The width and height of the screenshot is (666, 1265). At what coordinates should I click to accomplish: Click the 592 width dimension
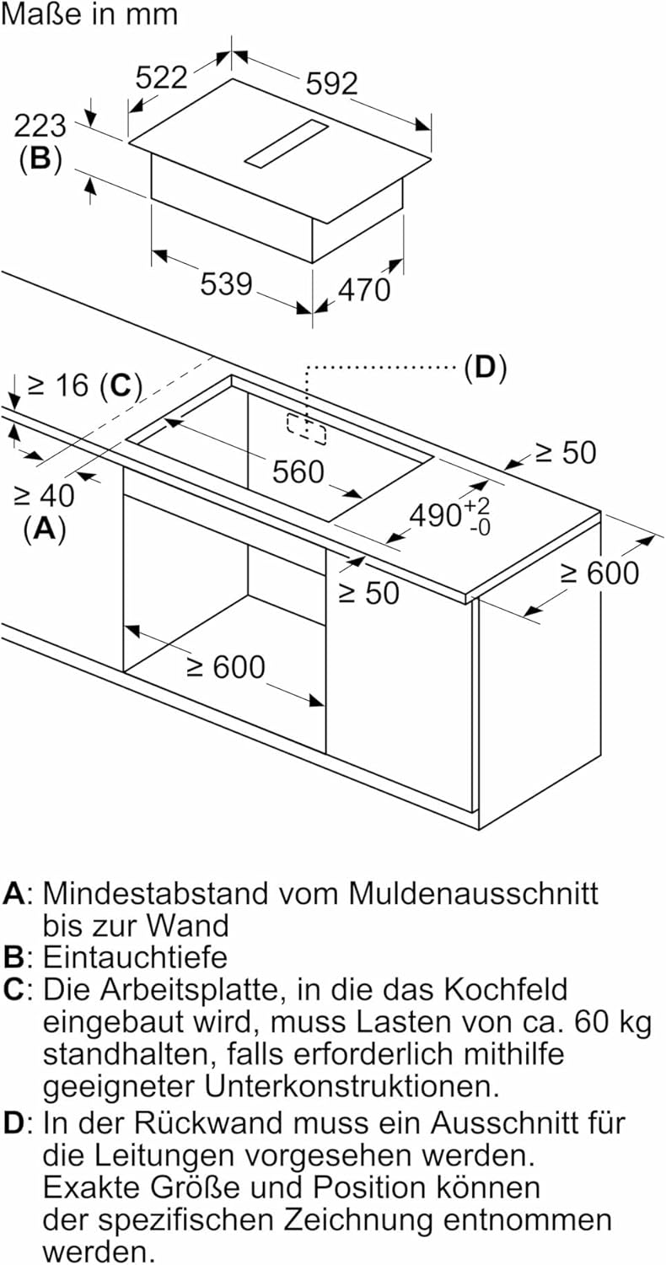pos(331,83)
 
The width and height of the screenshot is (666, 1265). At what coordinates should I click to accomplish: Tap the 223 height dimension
pos(40,126)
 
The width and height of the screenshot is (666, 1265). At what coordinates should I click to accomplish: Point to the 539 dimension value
pos(226,283)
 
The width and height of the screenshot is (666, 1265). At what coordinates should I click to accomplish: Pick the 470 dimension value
pos(364,289)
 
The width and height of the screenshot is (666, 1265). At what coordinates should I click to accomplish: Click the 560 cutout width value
pos(298,471)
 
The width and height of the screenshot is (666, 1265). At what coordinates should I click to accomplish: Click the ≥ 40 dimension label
pos(44,495)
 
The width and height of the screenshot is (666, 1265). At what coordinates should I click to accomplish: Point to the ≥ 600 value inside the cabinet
pos(225,667)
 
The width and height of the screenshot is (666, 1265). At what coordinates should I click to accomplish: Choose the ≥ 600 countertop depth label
pos(600,573)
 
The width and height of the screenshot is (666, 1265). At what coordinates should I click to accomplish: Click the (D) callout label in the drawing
pos(485,368)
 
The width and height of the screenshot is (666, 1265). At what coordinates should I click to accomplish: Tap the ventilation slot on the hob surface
pos(287,142)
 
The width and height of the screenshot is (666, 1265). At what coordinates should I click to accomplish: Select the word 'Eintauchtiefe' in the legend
pos(135,956)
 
